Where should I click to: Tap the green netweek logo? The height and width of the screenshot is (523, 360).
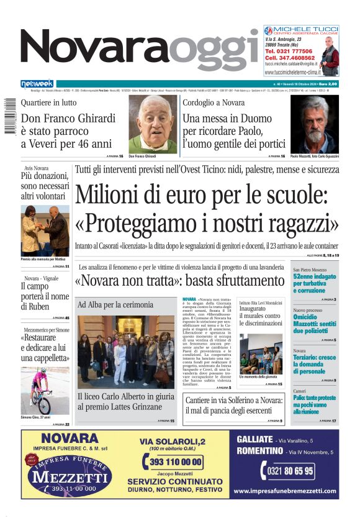pos(37,84)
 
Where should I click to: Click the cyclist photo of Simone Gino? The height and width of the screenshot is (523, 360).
pos(45,391)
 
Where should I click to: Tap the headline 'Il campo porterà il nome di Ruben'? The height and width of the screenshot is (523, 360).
pos(44,296)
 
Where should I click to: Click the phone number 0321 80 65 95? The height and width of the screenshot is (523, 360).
pos(290,471)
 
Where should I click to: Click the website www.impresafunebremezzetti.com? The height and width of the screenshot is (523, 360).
pos(286,491)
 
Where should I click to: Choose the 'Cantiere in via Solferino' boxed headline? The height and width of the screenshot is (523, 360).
pos(234,406)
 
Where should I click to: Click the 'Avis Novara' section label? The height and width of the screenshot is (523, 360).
pos(37,168)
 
